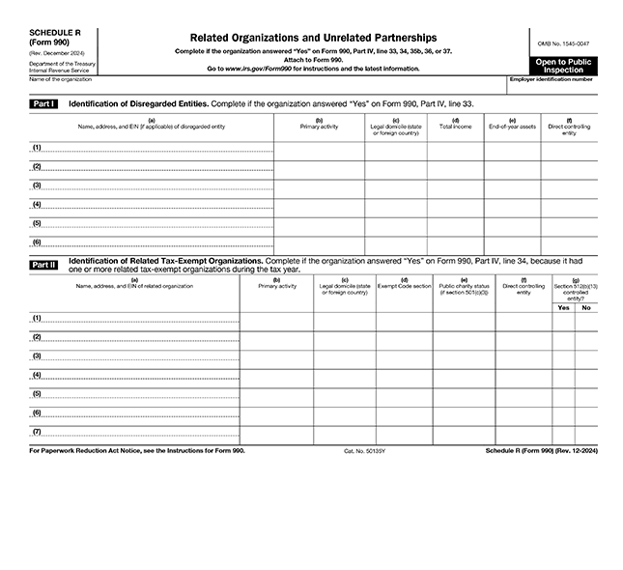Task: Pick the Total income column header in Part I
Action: tap(455, 126)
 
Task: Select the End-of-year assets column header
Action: tap(511, 126)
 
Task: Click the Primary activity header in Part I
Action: tap(319, 126)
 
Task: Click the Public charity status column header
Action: tap(463, 289)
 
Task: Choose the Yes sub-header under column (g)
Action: tap(563, 307)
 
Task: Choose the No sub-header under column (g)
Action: tap(585, 307)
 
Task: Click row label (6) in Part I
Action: tap(37, 242)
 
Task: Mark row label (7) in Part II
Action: tap(37, 431)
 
